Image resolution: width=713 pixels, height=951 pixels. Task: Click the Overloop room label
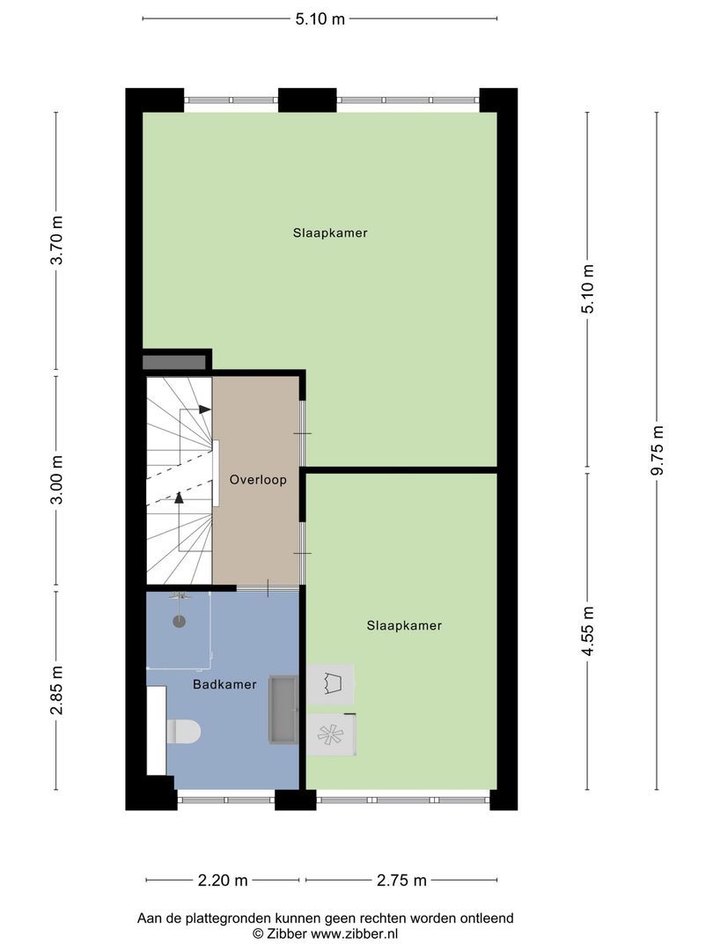click(258, 480)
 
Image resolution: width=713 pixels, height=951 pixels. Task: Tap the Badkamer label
click(226, 684)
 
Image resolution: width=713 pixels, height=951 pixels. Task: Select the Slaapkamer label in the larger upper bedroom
click(330, 233)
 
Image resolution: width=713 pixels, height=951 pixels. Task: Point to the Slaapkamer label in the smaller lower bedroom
click(404, 625)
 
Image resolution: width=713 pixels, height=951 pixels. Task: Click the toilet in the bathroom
click(184, 730)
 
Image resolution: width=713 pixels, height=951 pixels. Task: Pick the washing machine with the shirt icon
click(330, 684)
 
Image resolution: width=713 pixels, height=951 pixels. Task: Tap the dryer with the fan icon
click(330, 734)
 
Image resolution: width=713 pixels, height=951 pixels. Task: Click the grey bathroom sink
click(284, 710)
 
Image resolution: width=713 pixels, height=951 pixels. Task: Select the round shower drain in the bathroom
click(180, 621)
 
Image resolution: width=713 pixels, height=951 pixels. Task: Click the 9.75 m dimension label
click(657, 450)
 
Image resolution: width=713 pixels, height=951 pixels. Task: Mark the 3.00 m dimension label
click(56, 482)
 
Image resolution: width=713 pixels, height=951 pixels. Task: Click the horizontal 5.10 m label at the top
click(320, 18)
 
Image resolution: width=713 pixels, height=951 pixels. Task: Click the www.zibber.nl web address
click(347, 933)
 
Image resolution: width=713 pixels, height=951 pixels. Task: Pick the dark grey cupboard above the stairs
click(174, 362)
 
